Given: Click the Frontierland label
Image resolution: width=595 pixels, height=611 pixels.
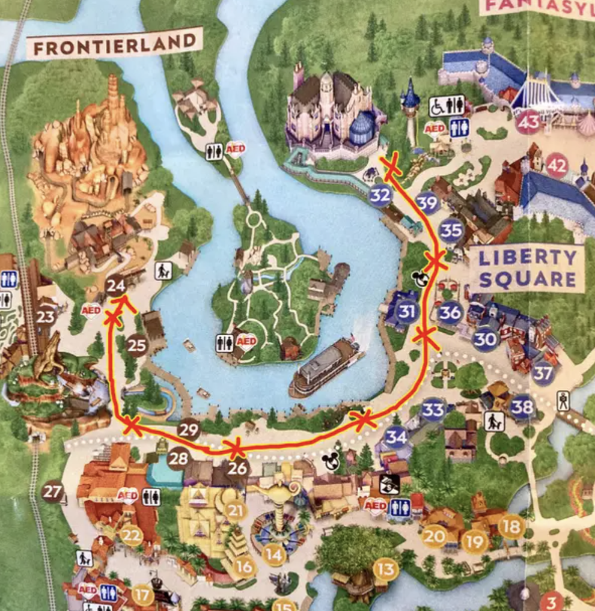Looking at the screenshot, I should [x=114, y=44].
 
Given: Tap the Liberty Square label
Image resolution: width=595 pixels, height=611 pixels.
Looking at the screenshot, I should [x=528, y=268].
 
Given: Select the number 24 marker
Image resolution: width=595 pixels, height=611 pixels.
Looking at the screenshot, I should [x=116, y=285].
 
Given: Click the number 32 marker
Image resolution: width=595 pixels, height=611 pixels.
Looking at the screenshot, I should [x=380, y=195].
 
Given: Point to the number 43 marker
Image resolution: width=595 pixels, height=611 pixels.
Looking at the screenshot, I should [x=528, y=123].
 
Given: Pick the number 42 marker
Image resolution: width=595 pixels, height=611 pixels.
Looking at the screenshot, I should [x=557, y=166].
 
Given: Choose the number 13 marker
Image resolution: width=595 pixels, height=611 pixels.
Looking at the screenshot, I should [x=386, y=568].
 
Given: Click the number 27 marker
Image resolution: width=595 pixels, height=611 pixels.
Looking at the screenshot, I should [x=52, y=493].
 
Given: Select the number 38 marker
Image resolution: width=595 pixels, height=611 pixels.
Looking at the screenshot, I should [x=522, y=408].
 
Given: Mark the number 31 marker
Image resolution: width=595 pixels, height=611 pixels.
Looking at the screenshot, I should [x=407, y=311].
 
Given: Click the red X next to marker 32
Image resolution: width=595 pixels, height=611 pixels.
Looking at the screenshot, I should [x=392, y=163].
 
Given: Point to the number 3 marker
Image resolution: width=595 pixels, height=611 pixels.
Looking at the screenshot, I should [x=551, y=601].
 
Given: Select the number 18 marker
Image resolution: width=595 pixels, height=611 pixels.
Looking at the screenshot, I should [x=511, y=526].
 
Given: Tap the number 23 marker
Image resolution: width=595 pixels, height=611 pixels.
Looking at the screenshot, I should [x=45, y=317].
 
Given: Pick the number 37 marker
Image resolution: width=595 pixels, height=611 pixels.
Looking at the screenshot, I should [x=542, y=374].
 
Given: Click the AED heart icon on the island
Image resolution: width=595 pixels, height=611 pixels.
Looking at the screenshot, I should [x=246, y=341].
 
